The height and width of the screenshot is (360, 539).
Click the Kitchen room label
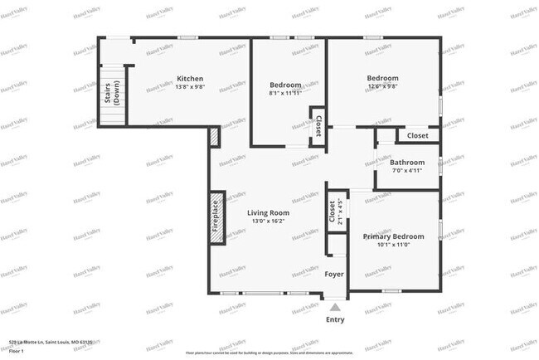190,79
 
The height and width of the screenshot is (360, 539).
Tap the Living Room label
269,212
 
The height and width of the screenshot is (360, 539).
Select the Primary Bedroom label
394,236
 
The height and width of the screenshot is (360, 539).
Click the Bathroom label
407,163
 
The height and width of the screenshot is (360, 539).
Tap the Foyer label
334,274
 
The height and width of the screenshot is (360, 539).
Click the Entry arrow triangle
335,307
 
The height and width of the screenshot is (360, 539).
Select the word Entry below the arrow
335,319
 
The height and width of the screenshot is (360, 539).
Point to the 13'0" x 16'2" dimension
269,221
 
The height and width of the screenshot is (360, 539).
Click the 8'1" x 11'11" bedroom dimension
284,93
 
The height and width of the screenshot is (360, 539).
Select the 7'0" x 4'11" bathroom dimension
407,171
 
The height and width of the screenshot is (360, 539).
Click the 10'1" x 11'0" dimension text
394,245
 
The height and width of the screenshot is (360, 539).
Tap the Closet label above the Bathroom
417,135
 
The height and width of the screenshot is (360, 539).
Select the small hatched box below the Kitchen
215,137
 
